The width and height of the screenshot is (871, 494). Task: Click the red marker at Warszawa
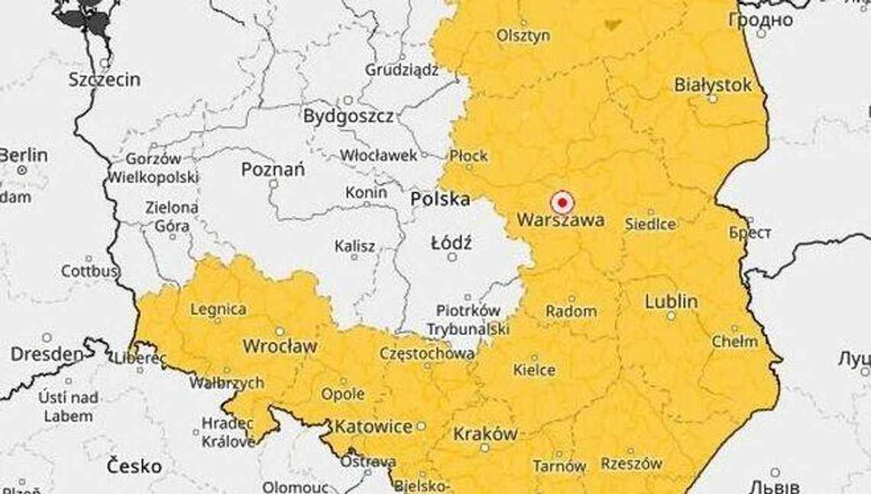(x=562, y=203)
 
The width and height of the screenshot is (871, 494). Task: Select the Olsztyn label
(x=523, y=35)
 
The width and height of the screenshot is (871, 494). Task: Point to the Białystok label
(x=713, y=86)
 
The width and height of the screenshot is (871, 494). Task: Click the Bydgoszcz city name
(x=348, y=117)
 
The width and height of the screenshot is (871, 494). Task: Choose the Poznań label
(x=273, y=170)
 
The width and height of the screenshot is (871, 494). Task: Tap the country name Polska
(x=439, y=199)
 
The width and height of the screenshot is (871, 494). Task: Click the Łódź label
(x=452, y=244)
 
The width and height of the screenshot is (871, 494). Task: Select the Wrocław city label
(x=279, y=346)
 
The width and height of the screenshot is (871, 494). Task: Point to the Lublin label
(x=671, y=302)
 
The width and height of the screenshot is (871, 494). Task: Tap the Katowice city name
(x=374, y=426)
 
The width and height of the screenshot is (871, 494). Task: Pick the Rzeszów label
(x=631, y=463)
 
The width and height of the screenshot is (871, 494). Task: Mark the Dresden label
(x=46, y=354)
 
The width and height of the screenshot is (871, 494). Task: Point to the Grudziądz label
(x=401, y=70)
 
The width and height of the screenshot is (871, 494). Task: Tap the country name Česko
(x=134, y=465)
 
